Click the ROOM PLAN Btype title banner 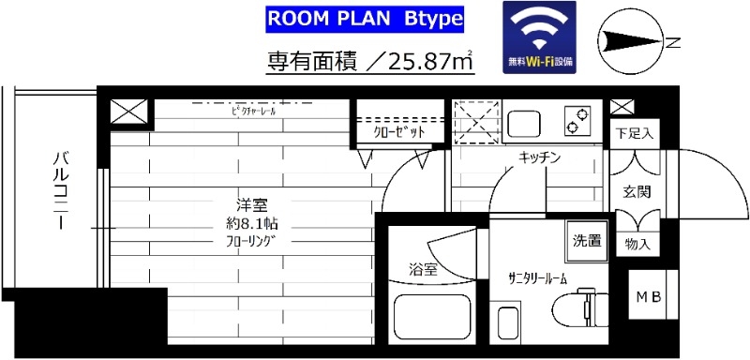[x=365, y=20]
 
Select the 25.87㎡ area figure [x=421, y=62]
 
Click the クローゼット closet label [x=399, y=133]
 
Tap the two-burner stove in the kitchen [x=576, y=120]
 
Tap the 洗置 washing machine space [x=588, y=238]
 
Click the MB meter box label [x=650, y=297]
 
